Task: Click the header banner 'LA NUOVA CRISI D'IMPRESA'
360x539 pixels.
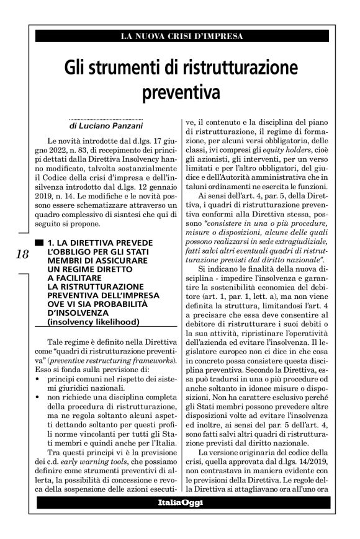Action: [x=181, y=37]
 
